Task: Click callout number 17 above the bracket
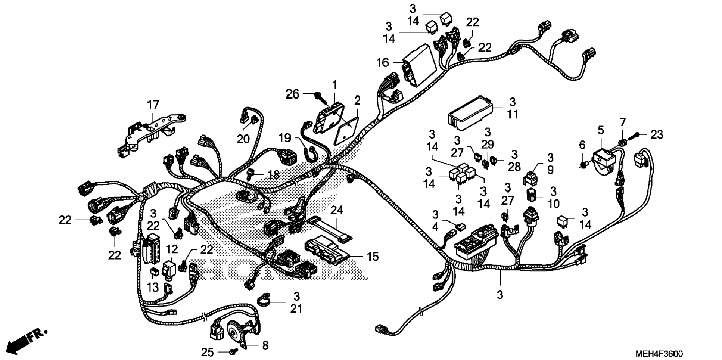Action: point(153,105)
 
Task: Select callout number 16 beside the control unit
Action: point(382,63)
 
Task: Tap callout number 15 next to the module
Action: point(372,257)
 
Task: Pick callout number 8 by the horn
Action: point(265,345)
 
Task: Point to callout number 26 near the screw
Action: point(293,94)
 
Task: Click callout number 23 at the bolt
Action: point(657,134)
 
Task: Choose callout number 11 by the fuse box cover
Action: point(513,114)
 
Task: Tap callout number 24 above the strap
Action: point(336,211)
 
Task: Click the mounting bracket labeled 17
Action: point(149,131)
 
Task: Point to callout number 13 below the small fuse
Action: point(153,287)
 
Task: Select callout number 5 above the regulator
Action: point(600,130)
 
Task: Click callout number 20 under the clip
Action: point(243,139)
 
